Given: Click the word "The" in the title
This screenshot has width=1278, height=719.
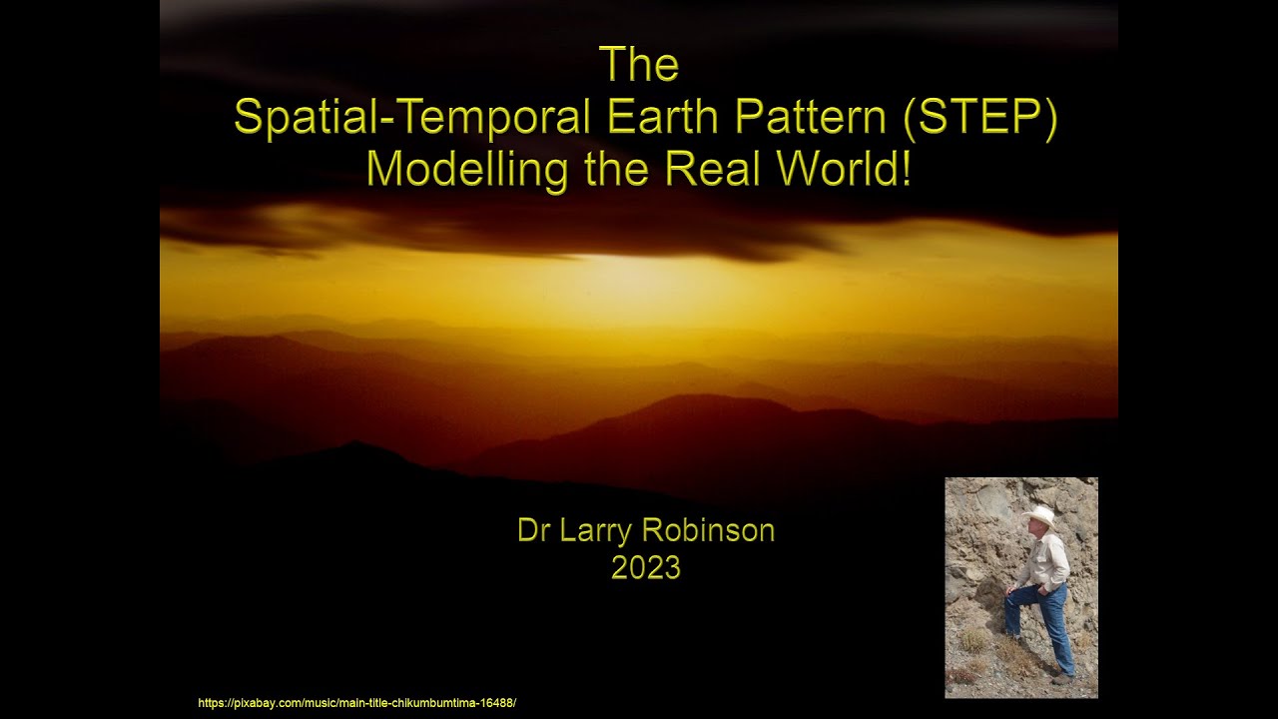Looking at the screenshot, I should pos(639,66).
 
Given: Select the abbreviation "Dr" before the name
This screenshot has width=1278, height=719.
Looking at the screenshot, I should pos(534,530).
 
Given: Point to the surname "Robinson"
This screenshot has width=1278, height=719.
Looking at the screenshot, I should pos(715,530).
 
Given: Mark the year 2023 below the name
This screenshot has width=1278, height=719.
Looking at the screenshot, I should pos(646,567).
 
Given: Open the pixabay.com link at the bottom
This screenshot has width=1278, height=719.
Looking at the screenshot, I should pos(356,703).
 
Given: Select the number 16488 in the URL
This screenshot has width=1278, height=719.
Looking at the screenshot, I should pos(496,703).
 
